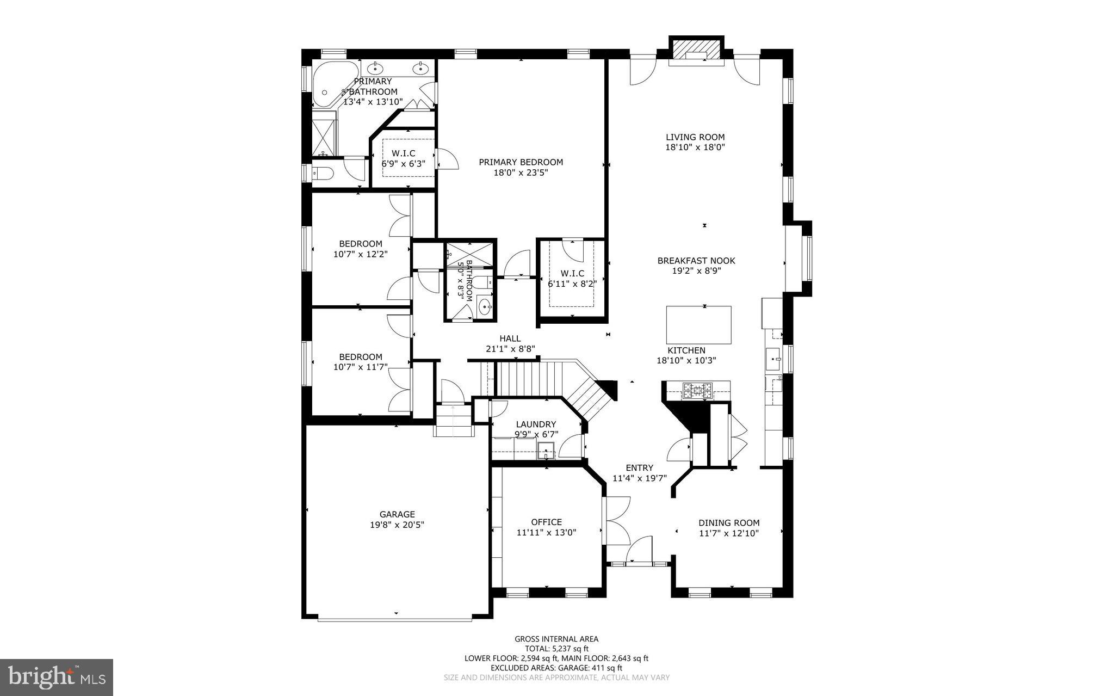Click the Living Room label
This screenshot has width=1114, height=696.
695,137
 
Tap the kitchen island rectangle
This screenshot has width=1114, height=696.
698,324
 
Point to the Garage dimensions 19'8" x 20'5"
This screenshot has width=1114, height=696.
397,525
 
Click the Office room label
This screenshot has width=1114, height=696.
546,522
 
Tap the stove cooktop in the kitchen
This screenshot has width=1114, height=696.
697,389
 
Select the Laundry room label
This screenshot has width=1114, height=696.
536,424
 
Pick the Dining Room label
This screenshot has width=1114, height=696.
729,523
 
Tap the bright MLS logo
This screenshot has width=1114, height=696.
57,677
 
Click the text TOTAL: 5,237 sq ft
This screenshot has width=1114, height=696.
556,649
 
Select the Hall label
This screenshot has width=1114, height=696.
510,338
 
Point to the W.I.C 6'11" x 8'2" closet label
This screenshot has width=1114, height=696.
572,278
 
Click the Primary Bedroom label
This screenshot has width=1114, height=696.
521,162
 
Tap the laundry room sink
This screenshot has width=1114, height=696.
546,451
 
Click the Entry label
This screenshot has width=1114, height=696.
639,468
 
